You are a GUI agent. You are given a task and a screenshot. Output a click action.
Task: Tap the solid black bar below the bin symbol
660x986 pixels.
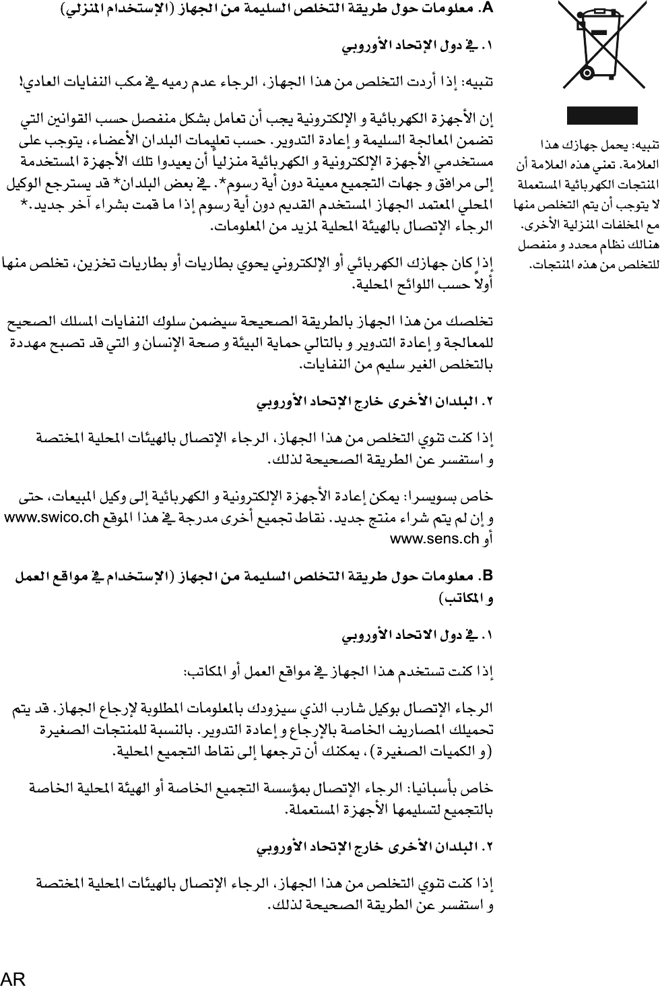pyautogui.click(x=601, y=115)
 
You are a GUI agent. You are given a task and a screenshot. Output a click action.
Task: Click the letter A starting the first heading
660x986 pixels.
pyautogui.click(x=488, y=9)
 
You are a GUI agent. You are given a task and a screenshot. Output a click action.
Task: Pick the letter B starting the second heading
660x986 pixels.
pyautogui.click(x=488, y=577)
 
